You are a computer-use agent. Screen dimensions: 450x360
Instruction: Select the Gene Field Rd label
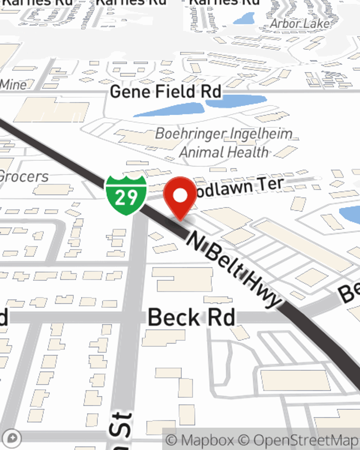pyautogui.click(x=165, y=92)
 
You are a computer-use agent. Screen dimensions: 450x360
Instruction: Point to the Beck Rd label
pyautogui.click(x=192, y=318)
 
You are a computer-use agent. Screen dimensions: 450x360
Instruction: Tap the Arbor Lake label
pyautogui.click(x=300, y=24)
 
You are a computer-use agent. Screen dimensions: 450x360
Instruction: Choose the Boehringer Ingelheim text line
pyautogui.click(x=224, y=134)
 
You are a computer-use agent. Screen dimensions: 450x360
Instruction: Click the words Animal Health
pyautogui.click(x=224, y=152)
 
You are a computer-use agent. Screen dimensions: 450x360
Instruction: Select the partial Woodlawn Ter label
pyautogui.click(x=239, y=187)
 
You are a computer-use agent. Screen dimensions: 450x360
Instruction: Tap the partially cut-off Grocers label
pyautogui.click(x=24, y=177)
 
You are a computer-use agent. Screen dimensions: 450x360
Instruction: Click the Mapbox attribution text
pyautogui.click(x=200, y=440)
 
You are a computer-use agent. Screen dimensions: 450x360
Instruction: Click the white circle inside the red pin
pyautogui.click(x=180, y=195)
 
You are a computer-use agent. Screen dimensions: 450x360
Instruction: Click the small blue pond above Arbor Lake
pyautogui.click(x=245, y=18)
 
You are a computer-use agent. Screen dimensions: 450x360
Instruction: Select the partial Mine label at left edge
pyautogui.click(x=13, y=85)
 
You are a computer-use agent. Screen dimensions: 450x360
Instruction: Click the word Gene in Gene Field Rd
pyautogui.click(x=130, y=92)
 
